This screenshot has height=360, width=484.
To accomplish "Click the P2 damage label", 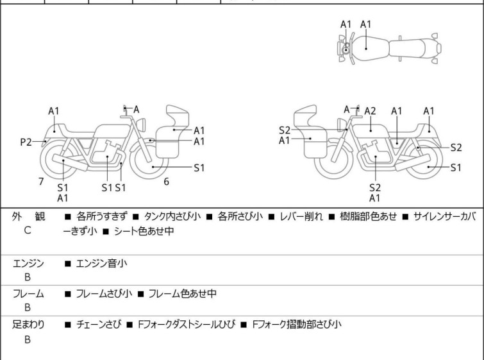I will (x=26, y=142).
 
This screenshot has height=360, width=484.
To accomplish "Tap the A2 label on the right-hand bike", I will (x=370, y=110).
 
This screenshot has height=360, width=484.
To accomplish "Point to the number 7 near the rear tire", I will (x=41, y=182).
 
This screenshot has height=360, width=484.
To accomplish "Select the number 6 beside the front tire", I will (x=166, y=182).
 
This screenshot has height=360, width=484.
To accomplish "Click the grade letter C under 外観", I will (x=28, y=230).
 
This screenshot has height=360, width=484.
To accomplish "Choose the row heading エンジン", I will (x=28, y=262).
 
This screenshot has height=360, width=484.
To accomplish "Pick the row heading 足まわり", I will (x=28, y=325).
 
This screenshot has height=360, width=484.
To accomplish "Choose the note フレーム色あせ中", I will (x=182, y=293).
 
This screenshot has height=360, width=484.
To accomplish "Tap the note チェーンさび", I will (x=99, y=325).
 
